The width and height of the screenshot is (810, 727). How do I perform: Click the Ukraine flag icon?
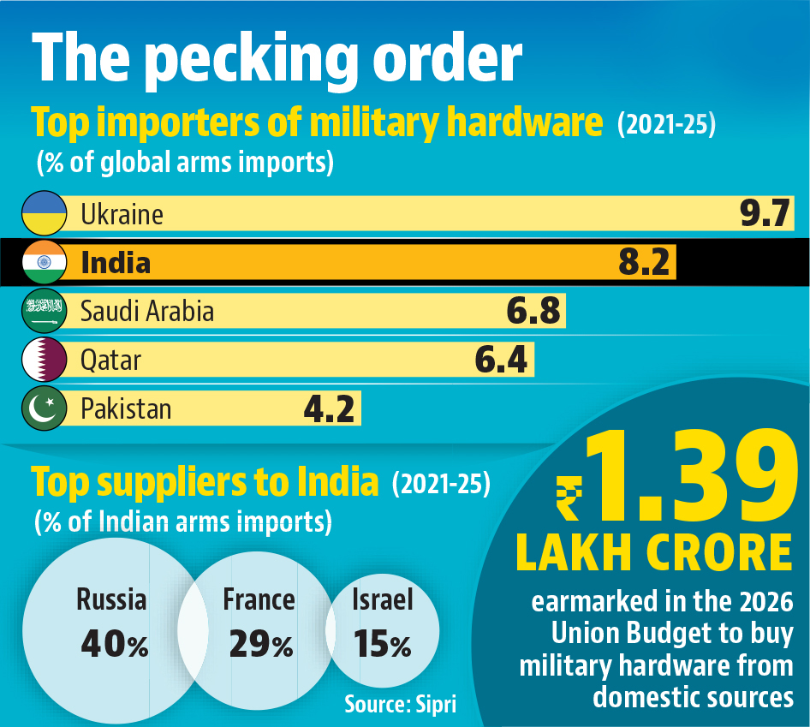click(43, 214)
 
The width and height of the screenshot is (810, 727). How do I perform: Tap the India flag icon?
click(43, 262)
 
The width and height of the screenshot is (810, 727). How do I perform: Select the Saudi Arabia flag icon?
click(43, 311)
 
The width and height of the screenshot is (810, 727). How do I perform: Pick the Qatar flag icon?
click(43, 360)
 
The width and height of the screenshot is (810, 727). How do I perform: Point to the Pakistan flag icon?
click(43, 409)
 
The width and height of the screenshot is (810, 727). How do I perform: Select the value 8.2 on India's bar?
click(643, 263)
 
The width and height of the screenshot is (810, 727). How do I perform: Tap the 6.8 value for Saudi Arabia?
click(533, 311)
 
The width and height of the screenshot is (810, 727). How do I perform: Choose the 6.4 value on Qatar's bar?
click(501, 361)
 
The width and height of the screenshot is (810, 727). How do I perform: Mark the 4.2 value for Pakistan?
click(329, 409)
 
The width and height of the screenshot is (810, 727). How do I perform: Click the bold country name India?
click(116, 263)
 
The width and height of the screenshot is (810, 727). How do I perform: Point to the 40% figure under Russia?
click(114, 645)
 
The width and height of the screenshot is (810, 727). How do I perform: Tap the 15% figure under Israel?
click(382, 645)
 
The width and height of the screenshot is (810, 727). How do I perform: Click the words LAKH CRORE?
click(654, 553)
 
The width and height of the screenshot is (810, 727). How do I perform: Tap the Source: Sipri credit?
click(400, 705)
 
